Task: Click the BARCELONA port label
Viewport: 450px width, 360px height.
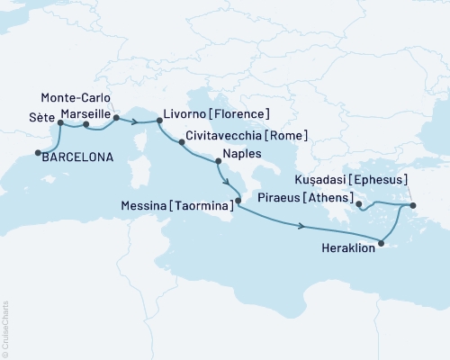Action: (x=78, y=157)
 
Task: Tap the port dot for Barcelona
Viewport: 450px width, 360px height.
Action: (x=37, y=152)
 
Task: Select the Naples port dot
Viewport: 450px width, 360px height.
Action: (x=217, y=162)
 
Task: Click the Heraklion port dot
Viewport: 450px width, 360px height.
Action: (x=382, y=242)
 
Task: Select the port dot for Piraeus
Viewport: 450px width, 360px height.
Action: (x=359, y=205)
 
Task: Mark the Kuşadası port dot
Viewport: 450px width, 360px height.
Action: (x=412, y=206)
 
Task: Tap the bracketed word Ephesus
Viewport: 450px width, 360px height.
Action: (x=408, y=179)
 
